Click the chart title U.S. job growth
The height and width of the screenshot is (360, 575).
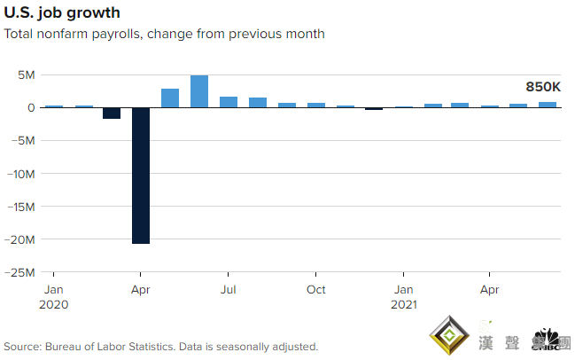(63, 13)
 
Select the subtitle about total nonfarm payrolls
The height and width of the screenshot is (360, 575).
(164, 35)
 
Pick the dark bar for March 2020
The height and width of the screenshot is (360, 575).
(112, 113)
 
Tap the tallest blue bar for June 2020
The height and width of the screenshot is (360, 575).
(199, 91)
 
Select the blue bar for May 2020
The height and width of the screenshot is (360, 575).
(170, 98)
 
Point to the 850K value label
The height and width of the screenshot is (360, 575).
(542, 86)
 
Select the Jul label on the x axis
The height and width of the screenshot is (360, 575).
(228, 290)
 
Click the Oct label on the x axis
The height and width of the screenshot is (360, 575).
(315, 290)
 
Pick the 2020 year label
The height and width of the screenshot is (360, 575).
(55, 304)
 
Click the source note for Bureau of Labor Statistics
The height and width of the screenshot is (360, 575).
(160, 347)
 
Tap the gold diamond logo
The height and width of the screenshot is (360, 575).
(449, 335)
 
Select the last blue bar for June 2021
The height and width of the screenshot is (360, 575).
(548, 105)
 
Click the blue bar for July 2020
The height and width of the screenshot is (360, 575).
(229, 102)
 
